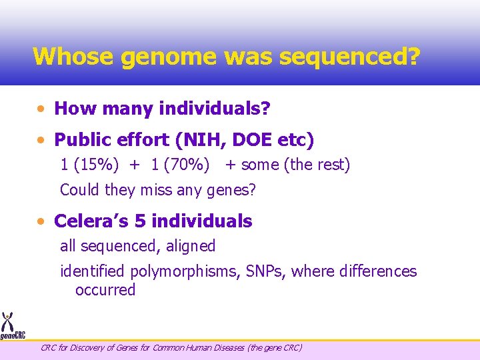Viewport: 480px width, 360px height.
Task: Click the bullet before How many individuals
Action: (42, 108)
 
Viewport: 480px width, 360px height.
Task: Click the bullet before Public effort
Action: (42, 140)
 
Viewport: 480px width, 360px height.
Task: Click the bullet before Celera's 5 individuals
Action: (42, 221)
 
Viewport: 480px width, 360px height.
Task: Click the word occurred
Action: (105, 290)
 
